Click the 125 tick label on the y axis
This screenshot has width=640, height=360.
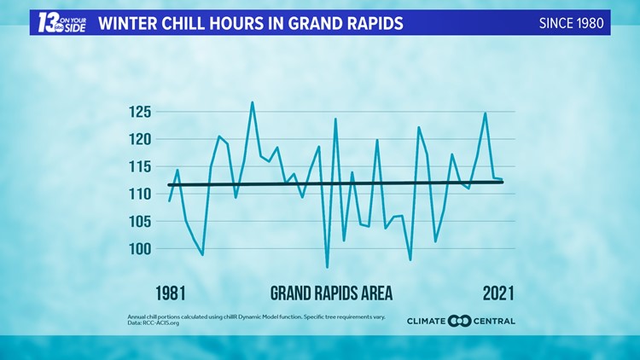pos(139,112)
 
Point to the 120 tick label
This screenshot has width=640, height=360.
pos(139,139)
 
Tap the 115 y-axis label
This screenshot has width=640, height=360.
pos(139,166)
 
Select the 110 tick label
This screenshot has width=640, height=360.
pos(139,194)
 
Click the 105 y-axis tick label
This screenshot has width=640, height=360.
pos(139,221)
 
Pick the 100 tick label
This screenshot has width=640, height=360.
pos(139,248)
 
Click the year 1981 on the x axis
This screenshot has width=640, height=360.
pos(171,293)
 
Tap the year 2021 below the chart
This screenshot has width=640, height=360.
pos(498,293)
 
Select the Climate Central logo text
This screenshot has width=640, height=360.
pos(461,322)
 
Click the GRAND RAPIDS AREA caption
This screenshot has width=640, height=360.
pos(331,293)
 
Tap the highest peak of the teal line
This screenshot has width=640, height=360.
pos(252,102)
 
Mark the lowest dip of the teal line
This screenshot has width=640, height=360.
pos(327,267)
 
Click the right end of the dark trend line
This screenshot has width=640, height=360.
pos(503,182)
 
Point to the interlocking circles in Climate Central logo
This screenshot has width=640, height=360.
pos(459,322)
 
